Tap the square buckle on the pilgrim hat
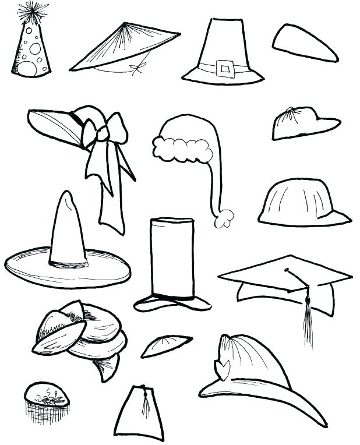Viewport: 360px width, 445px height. pos(224,68)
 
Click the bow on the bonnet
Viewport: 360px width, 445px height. pos(104,132)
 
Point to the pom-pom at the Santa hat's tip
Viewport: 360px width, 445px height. pos(224,218)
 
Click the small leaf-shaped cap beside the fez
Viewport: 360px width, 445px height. pos(166,345)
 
